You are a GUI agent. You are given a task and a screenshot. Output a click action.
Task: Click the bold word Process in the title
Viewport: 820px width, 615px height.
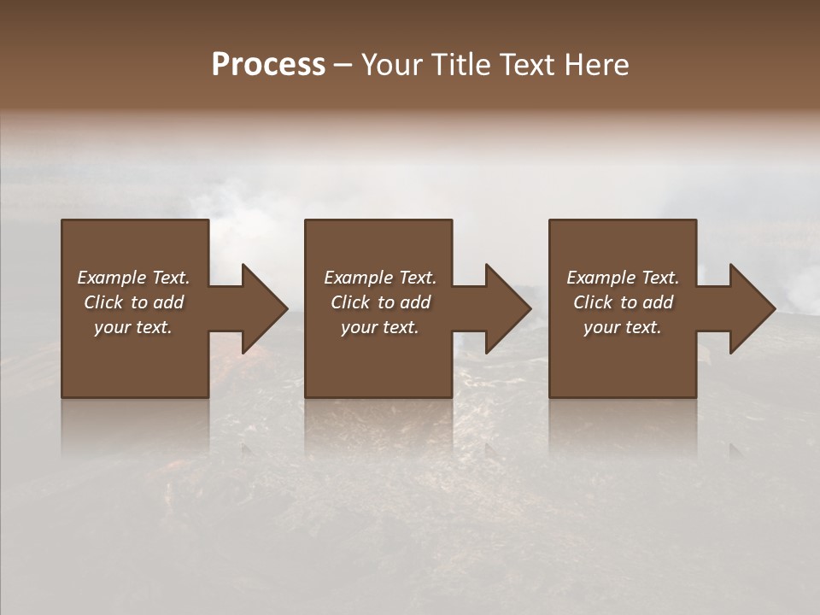pos(268,64)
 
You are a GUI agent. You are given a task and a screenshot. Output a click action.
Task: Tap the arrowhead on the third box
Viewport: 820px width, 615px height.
pos(752,308)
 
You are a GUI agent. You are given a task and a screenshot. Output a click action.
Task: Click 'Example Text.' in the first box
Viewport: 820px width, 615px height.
pos(133,278)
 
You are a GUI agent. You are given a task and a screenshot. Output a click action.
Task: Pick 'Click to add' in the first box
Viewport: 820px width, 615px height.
pos(133,302)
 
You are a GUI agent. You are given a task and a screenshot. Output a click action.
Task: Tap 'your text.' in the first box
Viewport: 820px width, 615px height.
pos(133,327)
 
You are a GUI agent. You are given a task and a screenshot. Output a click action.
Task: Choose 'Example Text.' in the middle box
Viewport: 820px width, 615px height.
pos(380,278)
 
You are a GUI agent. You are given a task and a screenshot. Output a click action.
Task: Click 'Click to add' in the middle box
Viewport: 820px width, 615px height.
pos(380,302)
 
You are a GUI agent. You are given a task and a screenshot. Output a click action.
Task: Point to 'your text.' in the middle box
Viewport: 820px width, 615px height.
pos(380,327)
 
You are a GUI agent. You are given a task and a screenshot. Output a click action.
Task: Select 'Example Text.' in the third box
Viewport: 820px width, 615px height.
pos(623,278)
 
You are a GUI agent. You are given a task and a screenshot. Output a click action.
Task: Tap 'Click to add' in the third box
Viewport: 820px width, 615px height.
pos(623,302)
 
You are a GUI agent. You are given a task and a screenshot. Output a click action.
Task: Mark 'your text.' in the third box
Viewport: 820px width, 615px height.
pos(623,327)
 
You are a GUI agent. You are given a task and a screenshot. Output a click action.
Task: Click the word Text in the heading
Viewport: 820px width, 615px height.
pos(527,64)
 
